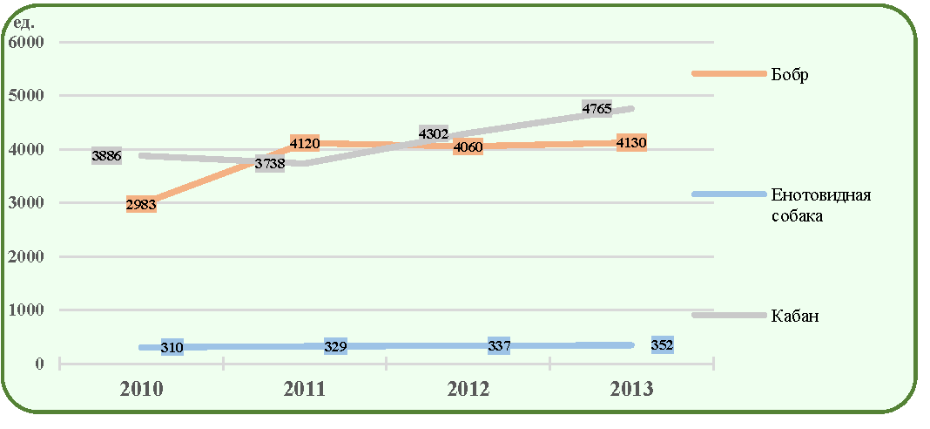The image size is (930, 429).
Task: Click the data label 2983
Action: click(141, 206)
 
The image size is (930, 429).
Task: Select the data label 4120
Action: click(305, 143)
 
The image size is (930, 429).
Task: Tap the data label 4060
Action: click(468, 146)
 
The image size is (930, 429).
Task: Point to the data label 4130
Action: click(631, 143)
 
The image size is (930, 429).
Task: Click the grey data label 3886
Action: click(107, 157)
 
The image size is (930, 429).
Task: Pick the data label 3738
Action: click(270, 165)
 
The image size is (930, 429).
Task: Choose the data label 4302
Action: click(433, 133)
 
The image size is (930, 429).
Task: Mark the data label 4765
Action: click(596, 109)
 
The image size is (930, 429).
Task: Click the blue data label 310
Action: click(172, 348)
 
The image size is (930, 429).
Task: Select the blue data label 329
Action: click(336, 346)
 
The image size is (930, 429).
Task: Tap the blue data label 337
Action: click(499, 346)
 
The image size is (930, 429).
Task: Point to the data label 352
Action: click(662, 345)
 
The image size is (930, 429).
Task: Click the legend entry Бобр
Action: click(790, 76)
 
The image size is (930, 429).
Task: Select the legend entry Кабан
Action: click(795, 317)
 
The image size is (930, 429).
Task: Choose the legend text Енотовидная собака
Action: click(821, 205)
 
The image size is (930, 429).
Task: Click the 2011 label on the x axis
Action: click(304, 390)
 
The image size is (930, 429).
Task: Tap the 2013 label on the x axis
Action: click(631, 390)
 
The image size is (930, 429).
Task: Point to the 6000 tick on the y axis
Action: click(27, 43)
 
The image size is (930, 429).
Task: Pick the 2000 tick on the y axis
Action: click(27, 256)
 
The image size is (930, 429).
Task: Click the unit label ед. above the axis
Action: click(24, 24)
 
